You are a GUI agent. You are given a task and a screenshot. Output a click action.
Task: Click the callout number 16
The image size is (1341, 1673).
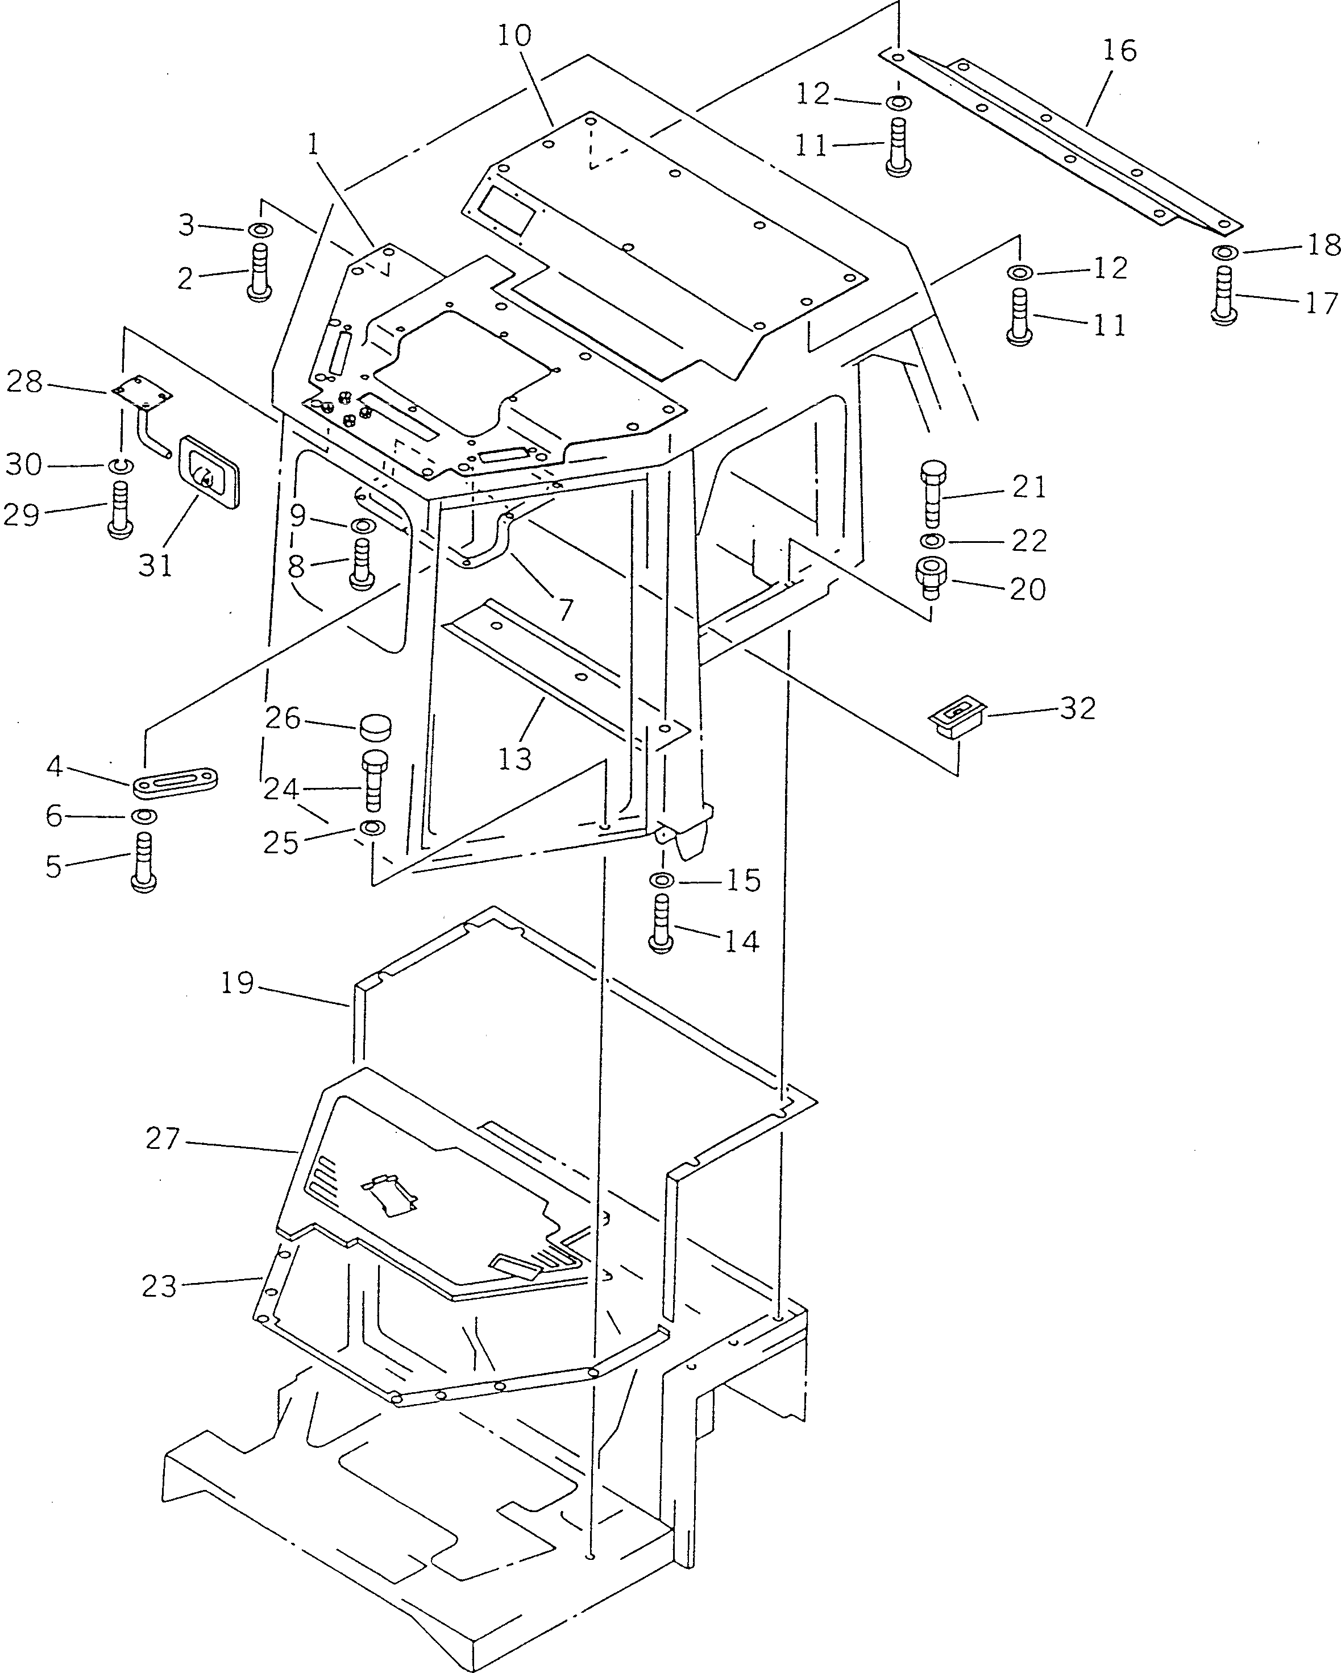tap(1119, 51)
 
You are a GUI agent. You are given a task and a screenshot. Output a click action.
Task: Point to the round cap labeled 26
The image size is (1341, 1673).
tap(375, 728)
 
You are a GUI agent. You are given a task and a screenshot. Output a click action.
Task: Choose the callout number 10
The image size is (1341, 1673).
tap(514, 36)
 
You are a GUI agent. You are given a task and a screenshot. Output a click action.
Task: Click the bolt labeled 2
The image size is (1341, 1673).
tap(259, 272)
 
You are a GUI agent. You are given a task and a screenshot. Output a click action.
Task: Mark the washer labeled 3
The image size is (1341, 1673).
tap(259, 230)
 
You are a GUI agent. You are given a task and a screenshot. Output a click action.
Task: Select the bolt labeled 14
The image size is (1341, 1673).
tap(661, 922)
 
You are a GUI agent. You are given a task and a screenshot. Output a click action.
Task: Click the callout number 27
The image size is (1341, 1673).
tap(163, 1140)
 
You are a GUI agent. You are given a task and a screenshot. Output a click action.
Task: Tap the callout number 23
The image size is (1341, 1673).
tap(160, 1286)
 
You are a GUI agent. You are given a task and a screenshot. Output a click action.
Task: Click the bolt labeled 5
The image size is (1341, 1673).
tap(145, 863)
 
